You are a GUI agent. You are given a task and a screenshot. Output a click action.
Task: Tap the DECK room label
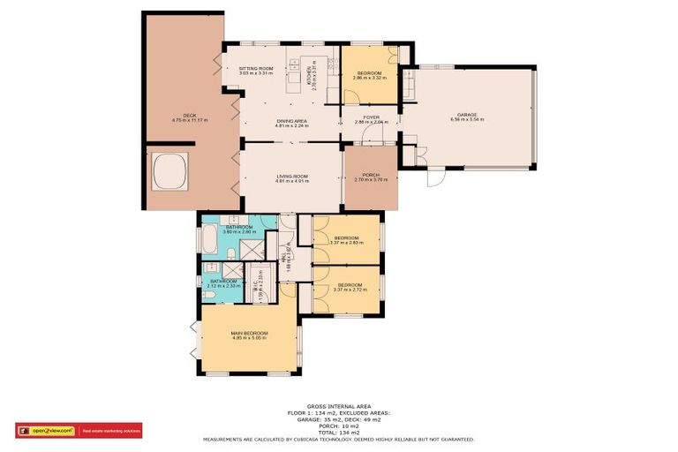[x=189, y=116]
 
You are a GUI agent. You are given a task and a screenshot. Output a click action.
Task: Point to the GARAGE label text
[x=466, y=114]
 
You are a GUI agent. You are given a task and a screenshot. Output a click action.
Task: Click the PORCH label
[x=371, y=176]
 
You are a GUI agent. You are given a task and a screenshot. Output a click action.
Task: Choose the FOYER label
[x=371, y=117]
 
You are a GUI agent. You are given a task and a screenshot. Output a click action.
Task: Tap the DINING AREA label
[x=290, y=121]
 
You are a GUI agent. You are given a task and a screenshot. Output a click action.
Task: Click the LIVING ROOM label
[x=290, y=176]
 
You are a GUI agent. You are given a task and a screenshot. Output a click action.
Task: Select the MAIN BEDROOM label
[x=249, y=333]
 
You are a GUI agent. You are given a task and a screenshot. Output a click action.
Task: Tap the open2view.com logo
[x=46, y=431]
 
